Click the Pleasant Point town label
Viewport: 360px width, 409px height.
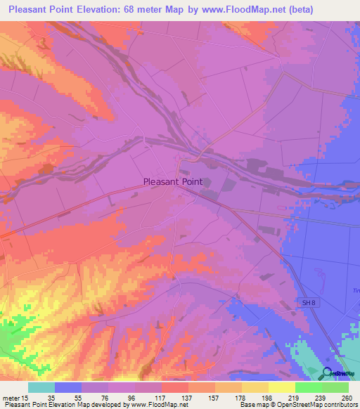(x=173, y=181)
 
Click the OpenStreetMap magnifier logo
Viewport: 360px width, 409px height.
(x=328, y=374)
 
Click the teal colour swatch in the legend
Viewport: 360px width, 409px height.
(x=41, y=387)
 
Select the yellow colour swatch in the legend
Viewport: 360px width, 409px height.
(x=282, y=387)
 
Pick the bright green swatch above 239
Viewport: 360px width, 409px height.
(x=309, y=387)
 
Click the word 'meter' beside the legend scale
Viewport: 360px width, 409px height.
(x=12, y=397)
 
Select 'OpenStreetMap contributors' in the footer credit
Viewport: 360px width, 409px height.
(x=315, y=405)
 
